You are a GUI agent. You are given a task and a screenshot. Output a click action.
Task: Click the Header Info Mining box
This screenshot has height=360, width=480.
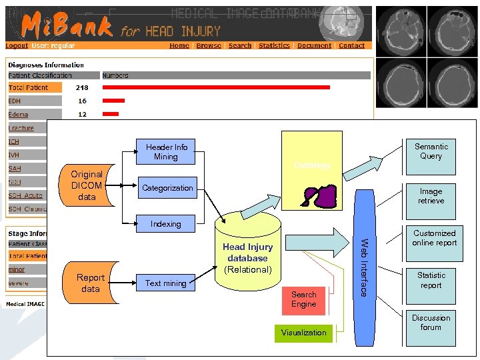(x=165, y=152)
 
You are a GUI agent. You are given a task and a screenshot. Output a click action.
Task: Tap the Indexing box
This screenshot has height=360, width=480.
(x=165, y=224)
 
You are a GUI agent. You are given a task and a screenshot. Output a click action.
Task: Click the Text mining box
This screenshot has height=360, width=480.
(x=165, y=283)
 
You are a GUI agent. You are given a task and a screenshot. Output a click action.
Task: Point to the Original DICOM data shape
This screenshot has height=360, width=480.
(x=87, y=185)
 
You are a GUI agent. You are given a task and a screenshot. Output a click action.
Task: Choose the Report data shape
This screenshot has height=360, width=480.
(x=91, y=283)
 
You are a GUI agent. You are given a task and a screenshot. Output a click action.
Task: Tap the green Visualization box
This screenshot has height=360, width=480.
(x=303, y=333)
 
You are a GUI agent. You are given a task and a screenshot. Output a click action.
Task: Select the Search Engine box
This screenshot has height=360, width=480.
(x=303, y=299)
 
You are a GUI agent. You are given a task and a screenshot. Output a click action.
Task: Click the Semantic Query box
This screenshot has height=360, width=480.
(x=431, y=151)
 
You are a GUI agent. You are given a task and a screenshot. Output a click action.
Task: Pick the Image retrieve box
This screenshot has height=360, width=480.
(x=431, y=196)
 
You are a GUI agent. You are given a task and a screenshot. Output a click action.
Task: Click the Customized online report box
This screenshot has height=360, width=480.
(x=434, y=238)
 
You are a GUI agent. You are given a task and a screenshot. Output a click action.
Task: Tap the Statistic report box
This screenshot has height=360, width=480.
(x=431, y=280)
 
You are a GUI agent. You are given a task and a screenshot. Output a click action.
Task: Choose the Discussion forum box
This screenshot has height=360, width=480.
(x=431, y=323)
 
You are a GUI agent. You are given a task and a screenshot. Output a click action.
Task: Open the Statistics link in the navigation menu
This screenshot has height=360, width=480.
(x=274, y=46)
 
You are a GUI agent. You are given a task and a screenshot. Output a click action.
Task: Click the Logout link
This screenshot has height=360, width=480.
(x=17, y=46)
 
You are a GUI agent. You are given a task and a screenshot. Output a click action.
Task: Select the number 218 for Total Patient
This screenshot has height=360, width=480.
(x=82, y=87)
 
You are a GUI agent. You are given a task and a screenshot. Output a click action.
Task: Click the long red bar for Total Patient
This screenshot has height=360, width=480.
(x=216, y=87)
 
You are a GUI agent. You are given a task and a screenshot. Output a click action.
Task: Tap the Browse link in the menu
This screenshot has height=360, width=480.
(x=209, y=46)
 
